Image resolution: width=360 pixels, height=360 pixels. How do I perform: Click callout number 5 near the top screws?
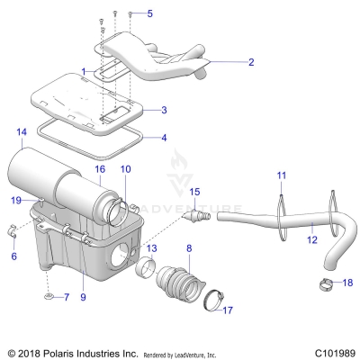150,13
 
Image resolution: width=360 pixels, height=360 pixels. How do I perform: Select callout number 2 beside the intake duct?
251,63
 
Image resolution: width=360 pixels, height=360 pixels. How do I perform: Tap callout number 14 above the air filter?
22,132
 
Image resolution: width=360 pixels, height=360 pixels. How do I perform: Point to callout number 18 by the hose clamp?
348,282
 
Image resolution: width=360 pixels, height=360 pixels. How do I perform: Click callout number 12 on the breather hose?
312,240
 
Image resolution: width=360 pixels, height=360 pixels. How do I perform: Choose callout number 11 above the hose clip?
281,174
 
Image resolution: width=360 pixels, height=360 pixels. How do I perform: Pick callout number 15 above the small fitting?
194,192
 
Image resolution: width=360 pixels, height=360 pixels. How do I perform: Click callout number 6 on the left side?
13,256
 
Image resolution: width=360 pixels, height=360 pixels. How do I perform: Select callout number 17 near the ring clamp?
228,310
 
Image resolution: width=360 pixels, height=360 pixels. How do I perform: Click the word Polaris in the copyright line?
52,352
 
